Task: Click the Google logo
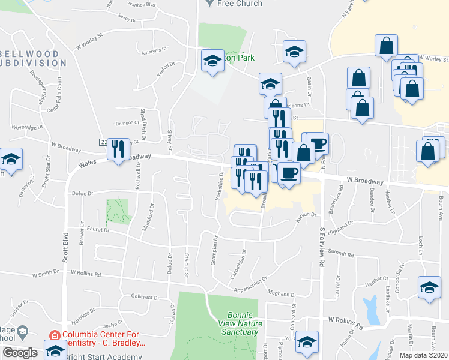[x=20, y=353]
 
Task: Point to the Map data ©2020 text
[x=423, y=355]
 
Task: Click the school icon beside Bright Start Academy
[x=55, y=350]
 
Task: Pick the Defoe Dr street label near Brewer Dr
[x=83, y=193]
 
